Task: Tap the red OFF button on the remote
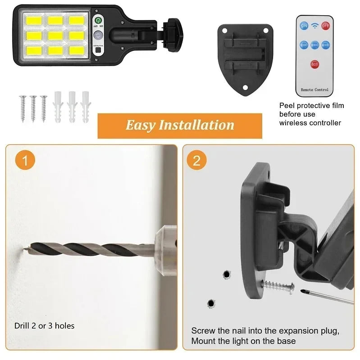click(x=326, y=26)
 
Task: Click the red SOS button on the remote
click(x=315, y=65)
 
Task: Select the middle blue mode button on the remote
click(x=315, y=45)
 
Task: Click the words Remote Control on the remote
click(x=314, y=90)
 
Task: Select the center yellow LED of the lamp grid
click(x=55, y=34)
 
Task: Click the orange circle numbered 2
click(x=197, y=161)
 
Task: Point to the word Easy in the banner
click(x=140, y=125)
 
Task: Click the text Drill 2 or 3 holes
click(x=44, y=325)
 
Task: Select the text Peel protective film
click(x=311, y=106)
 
